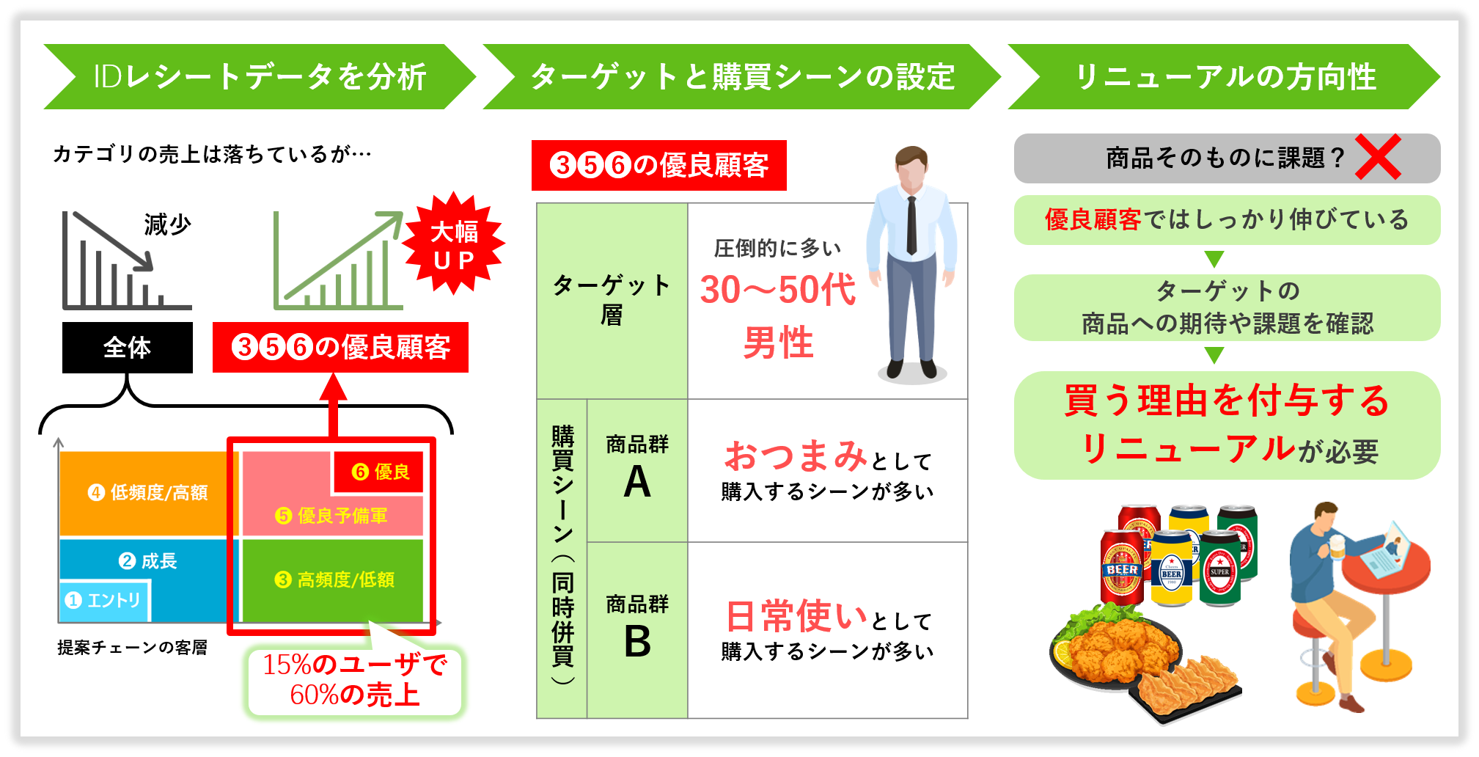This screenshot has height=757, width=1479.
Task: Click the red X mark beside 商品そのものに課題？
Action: click(1377, 157)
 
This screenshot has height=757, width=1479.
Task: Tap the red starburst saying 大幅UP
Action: click(454, 245)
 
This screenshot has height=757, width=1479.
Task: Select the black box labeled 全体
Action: click(128, 348)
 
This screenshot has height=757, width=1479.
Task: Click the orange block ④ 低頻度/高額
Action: click(147, 492)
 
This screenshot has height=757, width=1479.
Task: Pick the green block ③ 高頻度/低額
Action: click(334, 579)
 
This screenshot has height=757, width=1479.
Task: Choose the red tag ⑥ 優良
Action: click(379, 472)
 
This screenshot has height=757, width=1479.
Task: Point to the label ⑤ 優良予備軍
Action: click(331, 516)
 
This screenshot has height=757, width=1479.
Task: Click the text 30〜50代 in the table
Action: click(777, 290)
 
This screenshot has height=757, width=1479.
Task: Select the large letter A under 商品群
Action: click(636, 483)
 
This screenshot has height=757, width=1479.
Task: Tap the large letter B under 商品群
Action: click(636, 642)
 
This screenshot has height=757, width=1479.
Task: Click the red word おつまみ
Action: click(796, 456)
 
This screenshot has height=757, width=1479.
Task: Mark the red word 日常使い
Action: click(796, 615)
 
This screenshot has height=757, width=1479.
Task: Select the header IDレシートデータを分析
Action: click(260, 77)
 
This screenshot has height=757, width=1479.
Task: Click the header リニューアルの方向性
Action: click(1225, 77)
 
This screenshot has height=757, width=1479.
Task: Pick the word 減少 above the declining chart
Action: click(167, 224)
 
